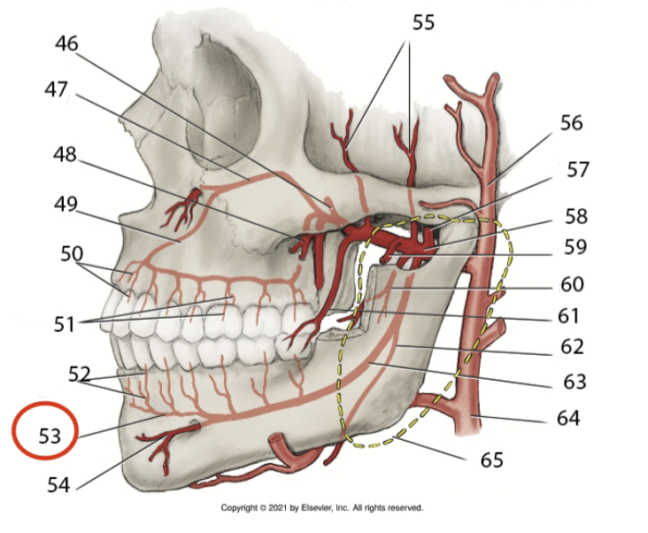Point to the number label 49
[x=63, y=205]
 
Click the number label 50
[x=72, y=254]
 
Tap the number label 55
[x=424, y=23]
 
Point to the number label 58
[x=575, y=216]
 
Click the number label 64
[x=567, y=416]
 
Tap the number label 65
[x=490, y=460]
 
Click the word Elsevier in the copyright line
[x=329, y=508]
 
